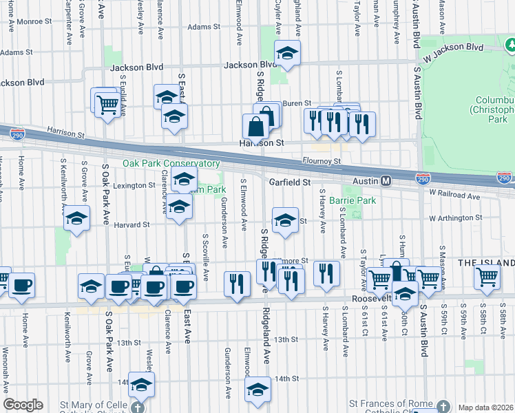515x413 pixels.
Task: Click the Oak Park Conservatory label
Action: [x=171, y=164]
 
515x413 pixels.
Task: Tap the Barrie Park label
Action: [x=352, y=200]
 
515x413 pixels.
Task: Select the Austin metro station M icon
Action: [x=386, y=181]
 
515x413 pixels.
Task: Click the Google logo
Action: [x=23, y=405]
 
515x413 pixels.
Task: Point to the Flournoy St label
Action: [x=322, y=161]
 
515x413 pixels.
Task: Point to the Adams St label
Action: [x=203, y=28]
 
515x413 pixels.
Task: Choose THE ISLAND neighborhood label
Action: [x=486, y=264]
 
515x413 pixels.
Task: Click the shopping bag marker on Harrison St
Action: [x=255, y=127]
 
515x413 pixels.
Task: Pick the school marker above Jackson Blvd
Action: [x=287, y=52]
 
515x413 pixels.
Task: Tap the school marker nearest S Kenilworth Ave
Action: [x=77, y=218]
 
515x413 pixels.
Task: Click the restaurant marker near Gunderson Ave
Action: [x=237, y=283]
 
